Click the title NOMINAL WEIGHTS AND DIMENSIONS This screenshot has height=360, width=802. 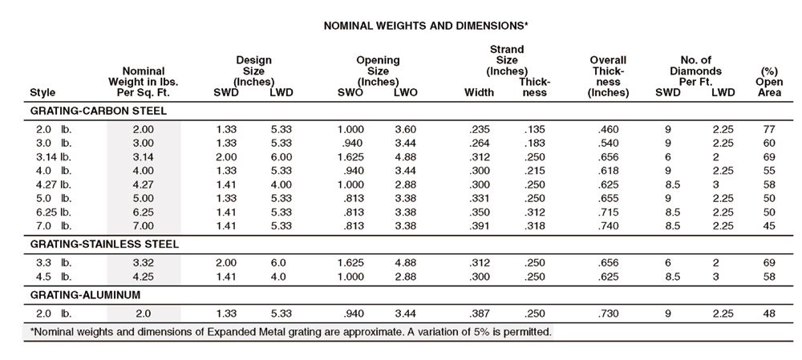click(x=426, y=26)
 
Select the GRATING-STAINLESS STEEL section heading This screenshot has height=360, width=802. click(x=105, y=245)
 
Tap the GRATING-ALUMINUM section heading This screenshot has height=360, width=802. click(x=86, y=295)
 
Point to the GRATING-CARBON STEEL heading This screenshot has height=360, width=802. click(x=98, y=111)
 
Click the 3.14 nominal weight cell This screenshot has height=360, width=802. click(x=144, y=157)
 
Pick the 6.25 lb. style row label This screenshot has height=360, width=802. click(x=51, y=212)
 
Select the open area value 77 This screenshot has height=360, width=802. click(x=769, y=129)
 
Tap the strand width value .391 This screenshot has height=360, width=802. click(x=479, y=226)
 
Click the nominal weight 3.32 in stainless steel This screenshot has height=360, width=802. click(x=144, y=263)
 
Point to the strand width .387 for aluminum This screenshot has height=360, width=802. click(x=479, y=313)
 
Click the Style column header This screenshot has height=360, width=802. click(x=43, y=92)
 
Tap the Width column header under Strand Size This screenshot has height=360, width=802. click(x=480, y=92)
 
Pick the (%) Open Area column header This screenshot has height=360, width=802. click(x=769, y=82)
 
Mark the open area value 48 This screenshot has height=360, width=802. click(x=769, y=313)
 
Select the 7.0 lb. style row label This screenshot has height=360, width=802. click(x=51, y=226)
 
